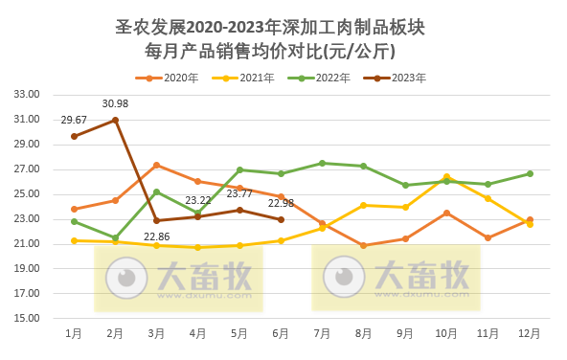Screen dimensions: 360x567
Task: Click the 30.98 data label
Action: click(115, 103)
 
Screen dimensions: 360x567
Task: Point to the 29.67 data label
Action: click(74, 120)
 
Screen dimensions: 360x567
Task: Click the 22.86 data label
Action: click(156, 236)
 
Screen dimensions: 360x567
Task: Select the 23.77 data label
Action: click(239, 193)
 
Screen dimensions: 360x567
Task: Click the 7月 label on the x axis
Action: click(322, 333)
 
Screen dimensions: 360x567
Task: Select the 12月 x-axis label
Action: click(530, 333)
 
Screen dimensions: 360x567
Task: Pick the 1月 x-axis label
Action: click(74, 333)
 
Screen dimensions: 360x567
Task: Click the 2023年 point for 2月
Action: click(115, 120)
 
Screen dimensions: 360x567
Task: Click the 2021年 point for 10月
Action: click(446, 177)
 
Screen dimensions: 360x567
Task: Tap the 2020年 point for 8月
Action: click(363, 245)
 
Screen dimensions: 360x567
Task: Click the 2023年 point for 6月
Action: click(281, 219)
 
